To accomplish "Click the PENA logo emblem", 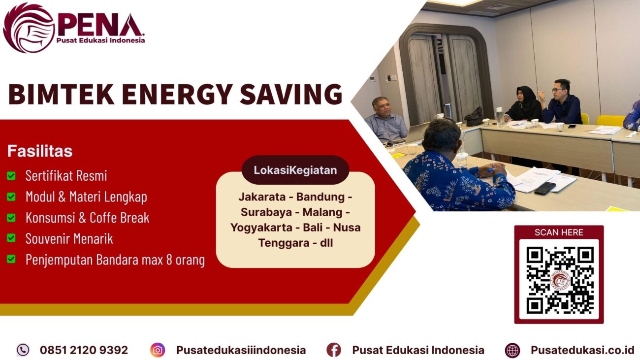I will tap(29, 28).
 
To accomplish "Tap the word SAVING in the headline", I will tap(300, 94).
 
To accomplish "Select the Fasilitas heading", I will tap(39, 151).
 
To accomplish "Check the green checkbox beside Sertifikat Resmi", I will tap(11, 176).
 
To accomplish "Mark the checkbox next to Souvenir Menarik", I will tap(11, 238).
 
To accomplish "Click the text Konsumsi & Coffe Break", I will tap(87, 218).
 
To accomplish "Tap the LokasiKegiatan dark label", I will tap(295, 170).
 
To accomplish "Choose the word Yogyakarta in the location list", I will tap(260, 228).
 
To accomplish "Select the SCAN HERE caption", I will tap(559, 232).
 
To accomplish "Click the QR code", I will tap(559, 280).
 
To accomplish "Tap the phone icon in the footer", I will tap(23, 350).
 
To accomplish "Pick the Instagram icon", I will tap(158, 350).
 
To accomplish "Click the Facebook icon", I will tap(333, 350).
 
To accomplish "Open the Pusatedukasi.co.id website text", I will tap(582, 350).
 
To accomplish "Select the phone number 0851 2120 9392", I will tap(84, 350).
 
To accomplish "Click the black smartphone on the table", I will tap(544, 188).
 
